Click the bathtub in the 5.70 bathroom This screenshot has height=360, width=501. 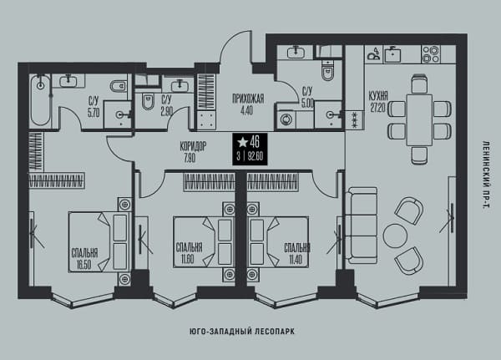click(41, 100)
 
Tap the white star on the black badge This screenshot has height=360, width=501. click(243, 142)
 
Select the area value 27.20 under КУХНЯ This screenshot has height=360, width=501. click(377, 108)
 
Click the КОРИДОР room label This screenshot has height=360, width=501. click(193, 146)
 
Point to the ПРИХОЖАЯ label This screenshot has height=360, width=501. click(248, 99)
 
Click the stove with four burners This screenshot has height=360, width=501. click(430, 54)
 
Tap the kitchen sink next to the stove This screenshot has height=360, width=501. click(392, 54)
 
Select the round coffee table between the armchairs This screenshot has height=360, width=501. click(395, 236)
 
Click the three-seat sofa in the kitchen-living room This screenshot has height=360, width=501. click(362, 226)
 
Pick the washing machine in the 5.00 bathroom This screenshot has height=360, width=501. click(286, 119)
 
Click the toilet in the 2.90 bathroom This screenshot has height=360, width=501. click(148, 101)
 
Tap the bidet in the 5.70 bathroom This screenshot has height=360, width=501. click(118, 86)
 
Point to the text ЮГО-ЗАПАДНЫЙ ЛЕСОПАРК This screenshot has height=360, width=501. click(242, 332)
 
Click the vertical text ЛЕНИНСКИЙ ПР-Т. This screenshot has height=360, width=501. click(486, 175)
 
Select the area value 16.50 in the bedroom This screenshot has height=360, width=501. click(83, 265)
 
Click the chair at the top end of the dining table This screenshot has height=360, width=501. click(419, 84)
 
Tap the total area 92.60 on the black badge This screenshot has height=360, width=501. click(255, 157)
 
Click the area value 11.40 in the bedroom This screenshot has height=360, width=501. click(296, 259)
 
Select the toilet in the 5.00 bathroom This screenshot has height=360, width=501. click(327, 71)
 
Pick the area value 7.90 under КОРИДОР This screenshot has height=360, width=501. click(190, 158)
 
